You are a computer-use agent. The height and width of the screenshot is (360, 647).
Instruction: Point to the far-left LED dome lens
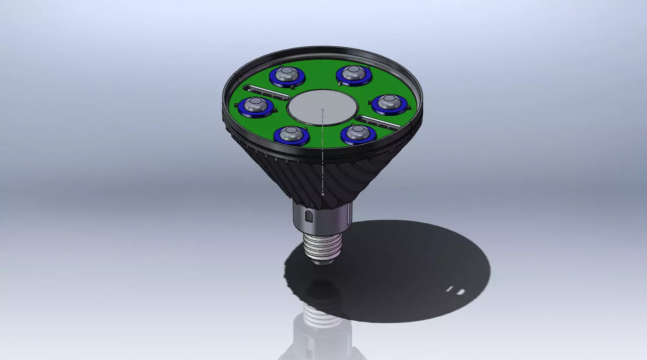click(x=254, y=105)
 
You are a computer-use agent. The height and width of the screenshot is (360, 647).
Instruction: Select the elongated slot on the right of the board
click(x=378, y=122)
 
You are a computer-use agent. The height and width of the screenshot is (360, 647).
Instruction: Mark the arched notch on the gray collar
click(x=309, y=216)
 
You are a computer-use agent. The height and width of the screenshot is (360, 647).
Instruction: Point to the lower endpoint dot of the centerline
click(x=323, y=194)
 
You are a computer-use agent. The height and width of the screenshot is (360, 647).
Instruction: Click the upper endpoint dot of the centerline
click(x=323, y=109)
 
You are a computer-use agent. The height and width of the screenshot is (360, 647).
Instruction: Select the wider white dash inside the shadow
click(x=461, y=292)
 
